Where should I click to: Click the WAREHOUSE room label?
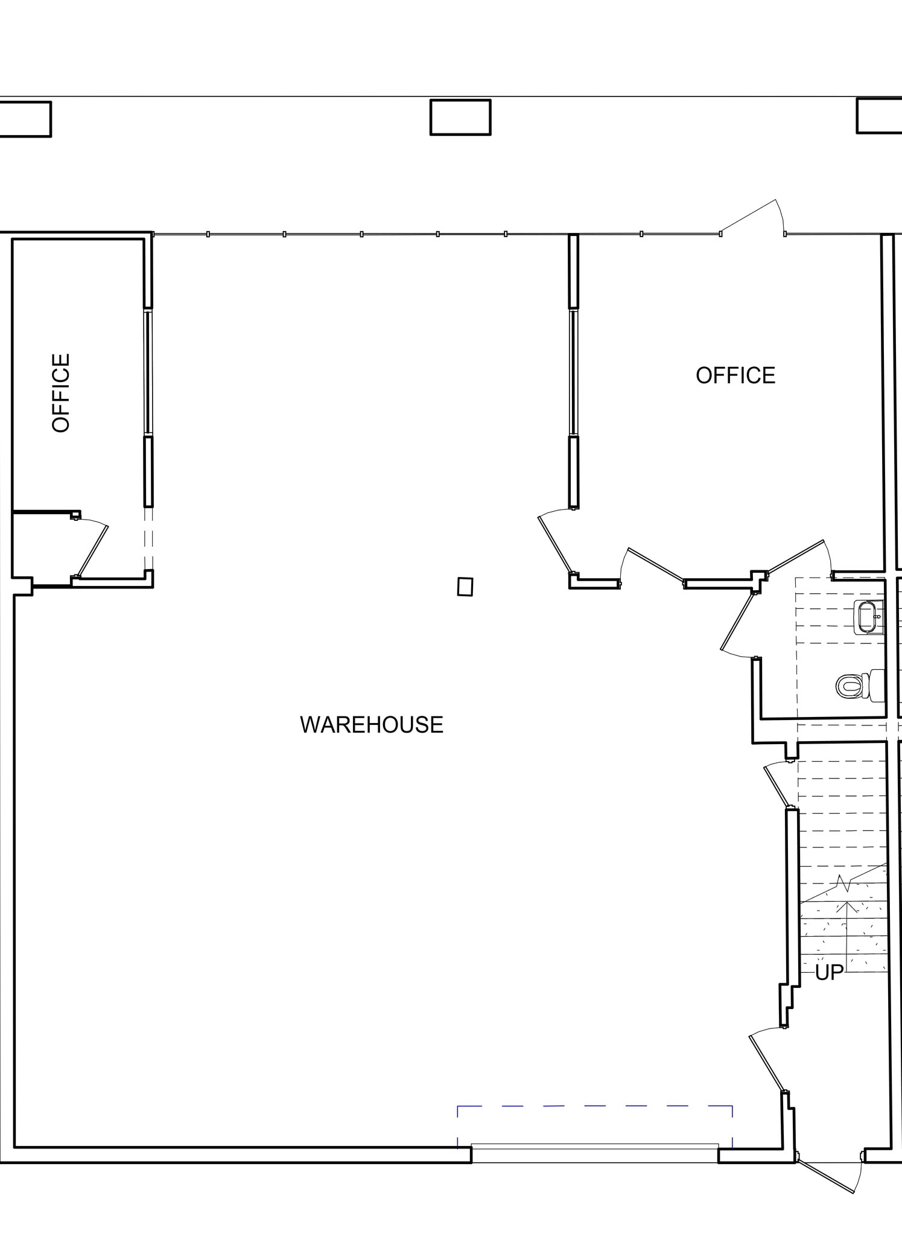372,725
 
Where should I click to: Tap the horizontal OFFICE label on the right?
735,375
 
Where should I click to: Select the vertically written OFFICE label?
61,393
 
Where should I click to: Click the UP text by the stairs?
829,972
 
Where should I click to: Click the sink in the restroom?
868,617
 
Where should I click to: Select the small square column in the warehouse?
465,587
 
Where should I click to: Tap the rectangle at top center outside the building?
460,117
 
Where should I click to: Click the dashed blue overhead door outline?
594,1107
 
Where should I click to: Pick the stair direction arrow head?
848,905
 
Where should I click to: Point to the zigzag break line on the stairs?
843,884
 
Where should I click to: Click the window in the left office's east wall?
148,372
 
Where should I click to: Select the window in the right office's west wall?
573,372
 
